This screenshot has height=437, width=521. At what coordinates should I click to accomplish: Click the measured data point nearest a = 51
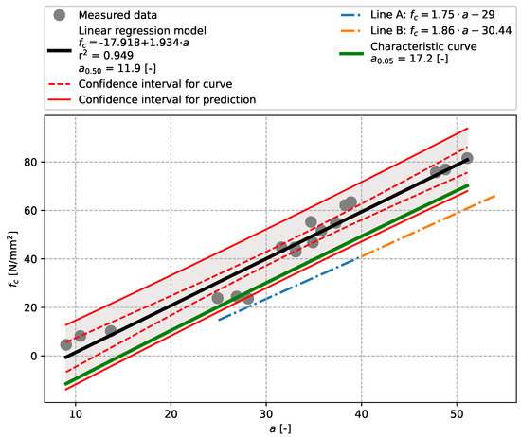(467, 158)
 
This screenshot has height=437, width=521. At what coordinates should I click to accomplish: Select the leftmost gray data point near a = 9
(65, 345)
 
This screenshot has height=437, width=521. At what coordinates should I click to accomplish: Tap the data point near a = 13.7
(111, 331)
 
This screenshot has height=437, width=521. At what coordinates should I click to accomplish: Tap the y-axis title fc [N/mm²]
(11, 259)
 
